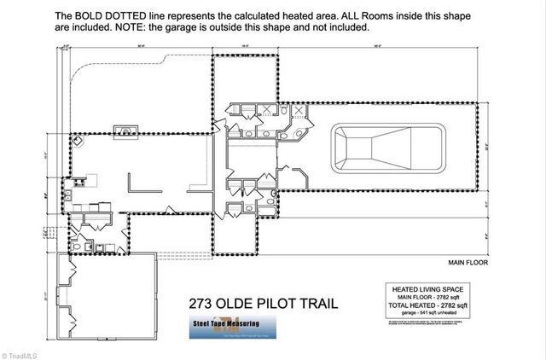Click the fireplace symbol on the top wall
click(127, 131)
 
